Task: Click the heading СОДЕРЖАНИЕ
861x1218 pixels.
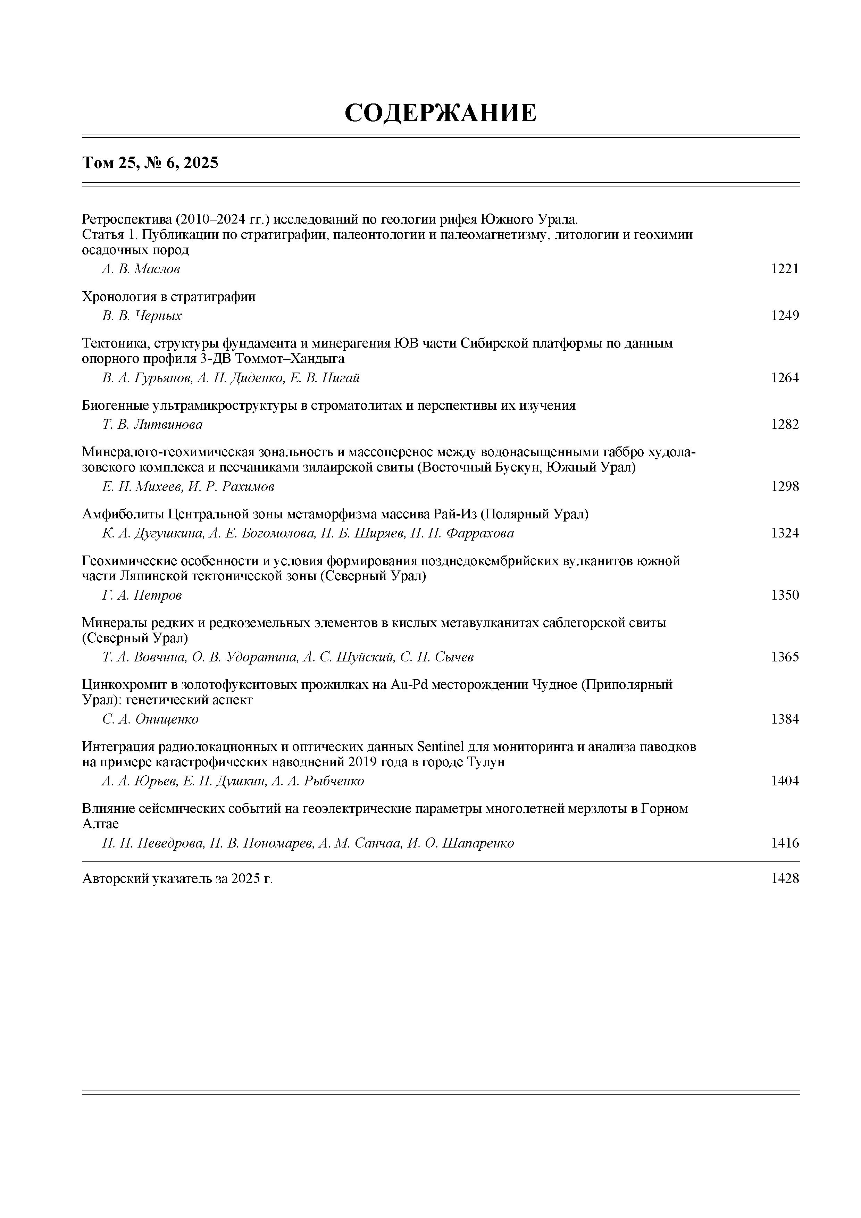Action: coord(440,113)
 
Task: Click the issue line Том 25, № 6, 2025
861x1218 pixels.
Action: coord(150,163)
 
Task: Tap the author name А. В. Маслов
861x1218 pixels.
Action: coord(141,269)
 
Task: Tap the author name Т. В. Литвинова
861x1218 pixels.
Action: coord(152,424)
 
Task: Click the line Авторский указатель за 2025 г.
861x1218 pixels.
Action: coord(178,879)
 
